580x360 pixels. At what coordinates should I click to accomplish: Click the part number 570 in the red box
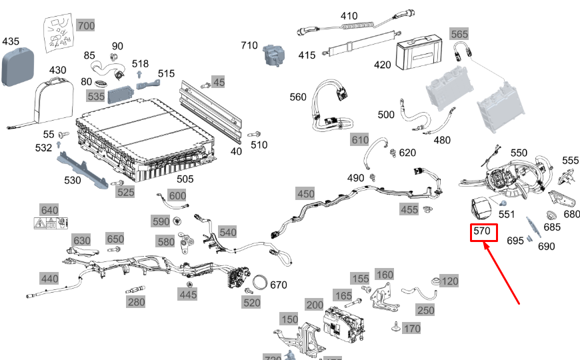[482, 232]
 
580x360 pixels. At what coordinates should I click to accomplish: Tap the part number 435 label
[11, 41]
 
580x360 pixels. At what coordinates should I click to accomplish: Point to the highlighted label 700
[86, 26]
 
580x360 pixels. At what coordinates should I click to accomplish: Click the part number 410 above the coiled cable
[349, 15]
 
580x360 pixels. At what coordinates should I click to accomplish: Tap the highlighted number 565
[459, 33]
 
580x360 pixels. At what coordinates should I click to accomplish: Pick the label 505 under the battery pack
[185, 179]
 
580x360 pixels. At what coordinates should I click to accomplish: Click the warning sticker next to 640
[51, 223]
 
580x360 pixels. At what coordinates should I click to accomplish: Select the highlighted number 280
[136, 303]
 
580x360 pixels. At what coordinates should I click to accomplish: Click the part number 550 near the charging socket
[519, 153]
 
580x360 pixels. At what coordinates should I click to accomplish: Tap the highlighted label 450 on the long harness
[305, 193]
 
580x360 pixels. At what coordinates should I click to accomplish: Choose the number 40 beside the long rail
[237, 151]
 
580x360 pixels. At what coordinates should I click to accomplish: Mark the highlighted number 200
[315, 305]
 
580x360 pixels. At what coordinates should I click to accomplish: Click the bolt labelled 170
[396, 327]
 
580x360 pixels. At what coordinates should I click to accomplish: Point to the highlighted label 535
[96, 97]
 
